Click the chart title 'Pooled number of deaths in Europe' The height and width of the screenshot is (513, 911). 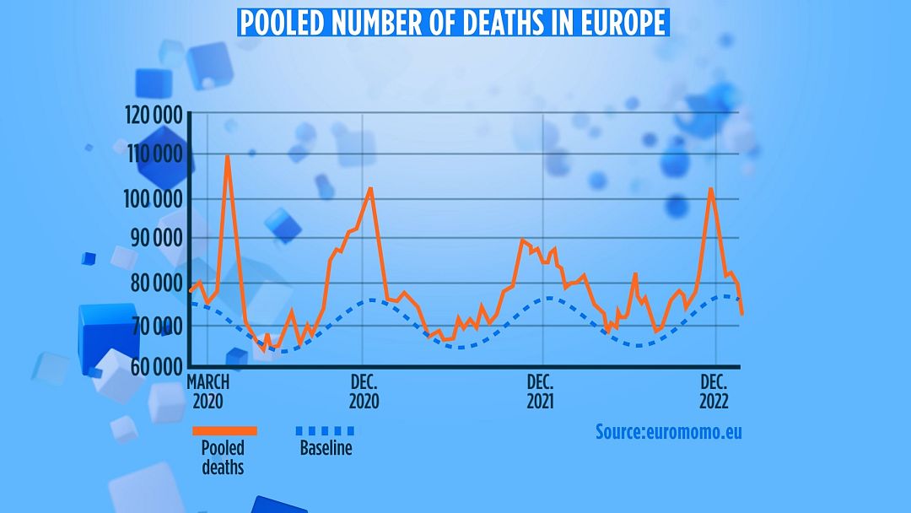pyautogui.click(x=454, y=22)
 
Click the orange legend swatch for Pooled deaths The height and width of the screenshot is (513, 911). pyautogui.click(x=224, y=430)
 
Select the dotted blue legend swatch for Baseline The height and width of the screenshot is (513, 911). pyautogui.click(x=326, y=430)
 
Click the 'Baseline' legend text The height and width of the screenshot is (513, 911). pyautogui.click(x=326, y=449)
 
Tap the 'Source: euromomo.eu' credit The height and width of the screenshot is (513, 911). pyautogui.click(x=669, y=432)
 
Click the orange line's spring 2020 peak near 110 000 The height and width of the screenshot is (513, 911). pyautogui.click(x=227, y=157)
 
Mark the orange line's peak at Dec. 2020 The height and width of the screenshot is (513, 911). pyautogui.click(x=369, y=189)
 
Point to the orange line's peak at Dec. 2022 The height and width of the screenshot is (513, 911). pyautogui.click(x=710, y=189)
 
